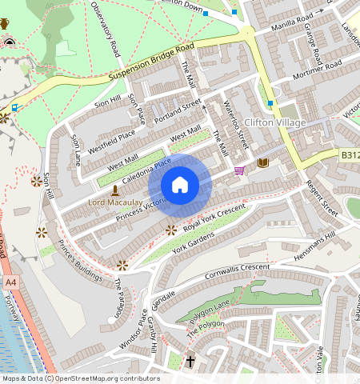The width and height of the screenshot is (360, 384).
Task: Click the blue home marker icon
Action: tap(180, 185)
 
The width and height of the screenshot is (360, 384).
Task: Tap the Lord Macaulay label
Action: tap(121, 203)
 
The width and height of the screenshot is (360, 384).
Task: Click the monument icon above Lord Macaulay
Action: tap(115, 190)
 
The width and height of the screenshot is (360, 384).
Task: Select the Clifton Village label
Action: tap(275, 122)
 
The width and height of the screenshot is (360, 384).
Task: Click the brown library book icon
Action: tap(262, 162)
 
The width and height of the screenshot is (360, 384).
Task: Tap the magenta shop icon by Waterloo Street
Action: tap(239, 170)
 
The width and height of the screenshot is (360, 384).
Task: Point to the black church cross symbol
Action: tap(190, 362)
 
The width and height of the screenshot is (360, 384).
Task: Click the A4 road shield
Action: tap(10, 283)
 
